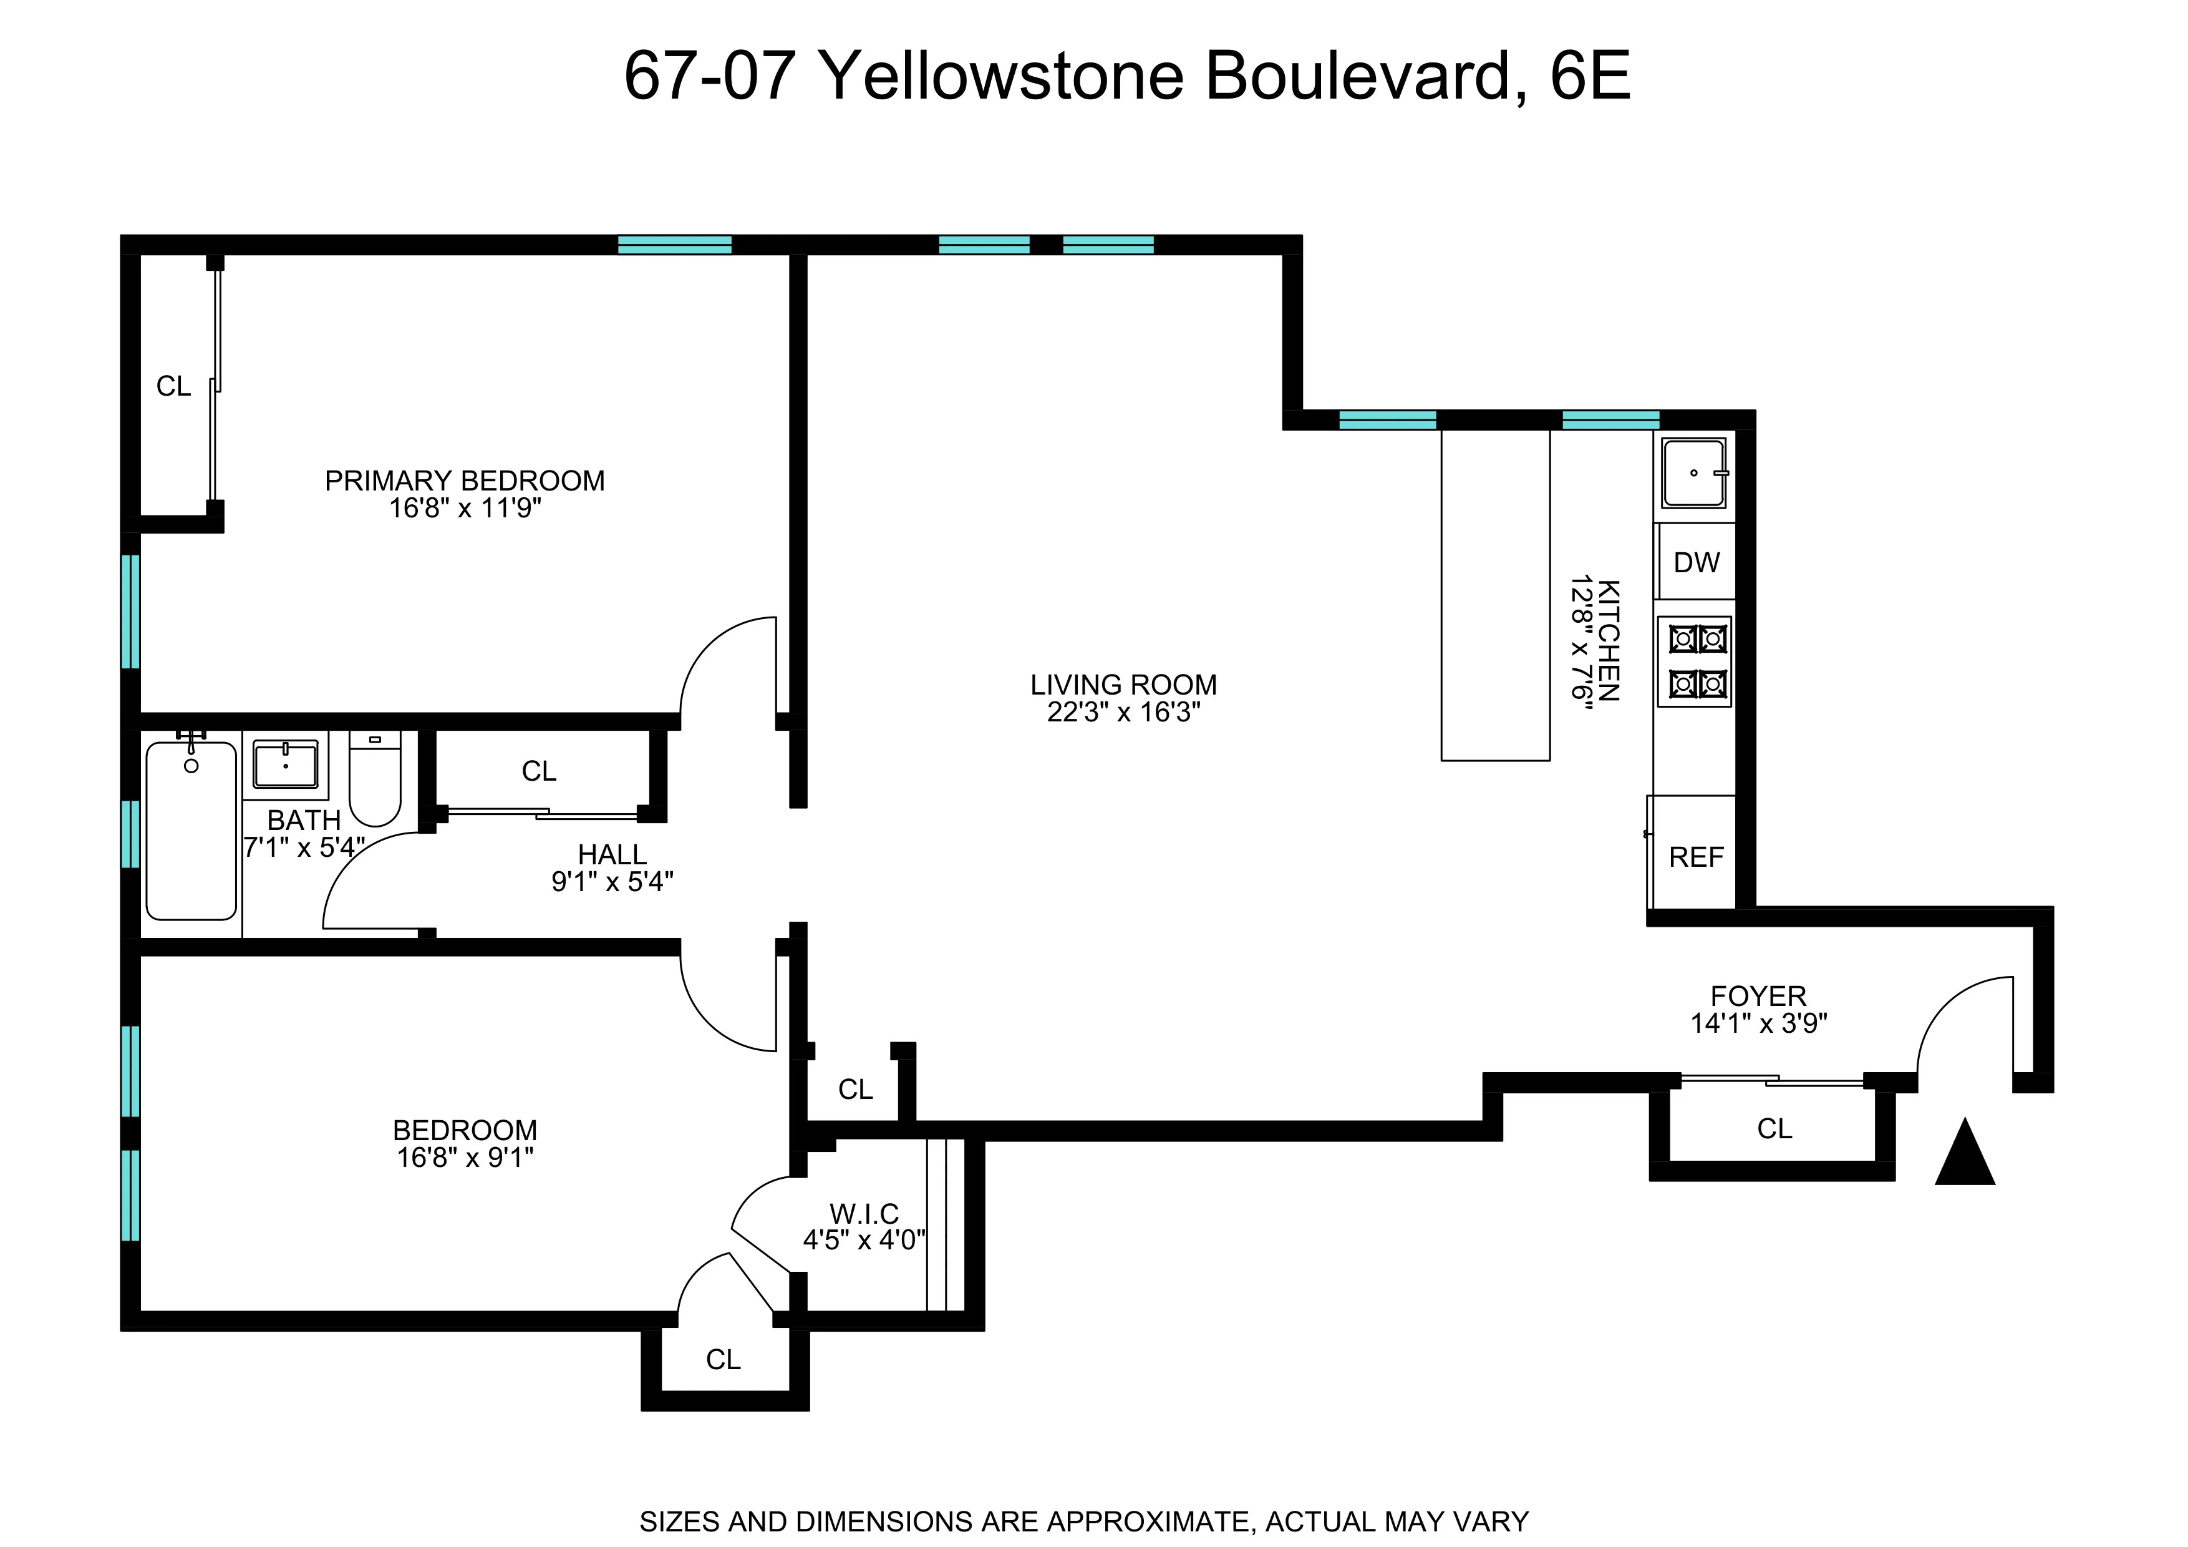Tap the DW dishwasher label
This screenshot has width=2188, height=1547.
pos(1697,562)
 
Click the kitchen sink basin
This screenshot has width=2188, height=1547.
pos(1693,473)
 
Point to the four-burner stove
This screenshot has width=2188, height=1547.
pos(1695,661)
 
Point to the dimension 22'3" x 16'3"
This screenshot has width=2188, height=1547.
pos(1123,712)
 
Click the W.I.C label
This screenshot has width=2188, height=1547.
pos(863,1213)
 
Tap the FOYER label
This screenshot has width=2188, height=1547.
pos(1758,996)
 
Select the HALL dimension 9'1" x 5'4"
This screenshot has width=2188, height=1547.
pos(612,882)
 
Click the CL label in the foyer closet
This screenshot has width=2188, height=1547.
pos(1774,1128)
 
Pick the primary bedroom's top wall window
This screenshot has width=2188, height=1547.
pos(675,244)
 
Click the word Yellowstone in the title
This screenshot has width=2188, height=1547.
pos(1000,76)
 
